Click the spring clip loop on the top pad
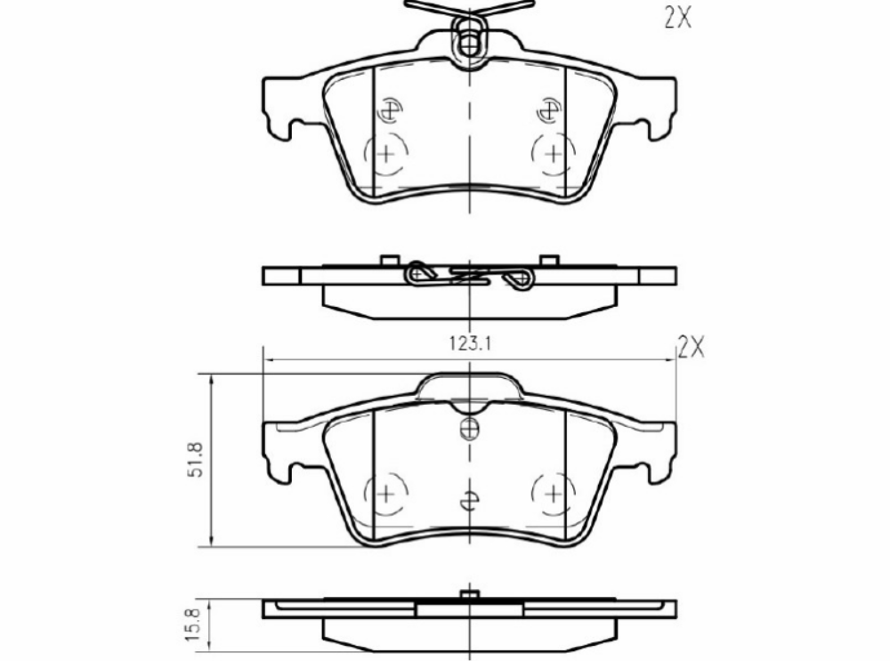pyautogui.click(x=469, y=40)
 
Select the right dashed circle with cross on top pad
pyautogui.click(x=553, y=154)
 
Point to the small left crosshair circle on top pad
pyautogui.click(x=389, y=111)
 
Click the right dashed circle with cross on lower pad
pyautogui.click(x=553, y=493)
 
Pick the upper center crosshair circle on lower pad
pyautogui.click(x=469, y=430)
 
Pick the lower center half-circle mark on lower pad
pyautogui.click(x=469, y=501)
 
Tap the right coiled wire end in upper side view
pyautogui.click(x=519, y=278)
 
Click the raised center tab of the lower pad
pyautogui.click(x=469, y=388)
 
